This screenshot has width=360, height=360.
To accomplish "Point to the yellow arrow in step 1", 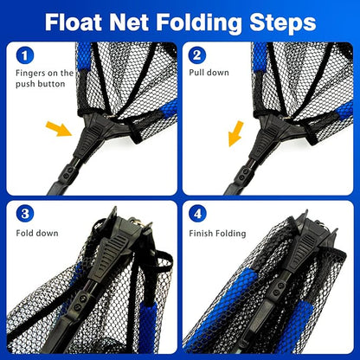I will tap(58, 130).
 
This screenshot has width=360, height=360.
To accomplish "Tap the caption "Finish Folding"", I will tap(218, 233).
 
